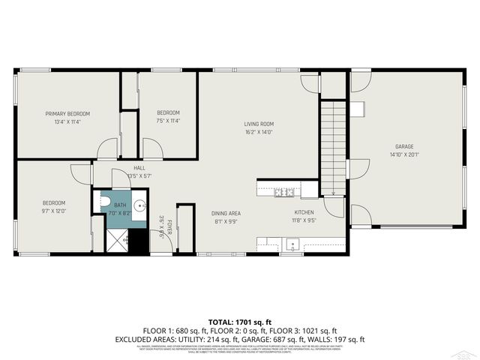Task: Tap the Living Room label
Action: pos(258,124)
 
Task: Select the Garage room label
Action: pos(404,147)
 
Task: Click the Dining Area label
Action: pos(226,213)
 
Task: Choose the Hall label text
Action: pos(139,167)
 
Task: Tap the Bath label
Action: pos(121,205)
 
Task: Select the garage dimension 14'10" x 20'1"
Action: pos(404,155)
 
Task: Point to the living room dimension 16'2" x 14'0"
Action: pos(258,132)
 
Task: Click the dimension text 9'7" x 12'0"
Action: pos(54,211)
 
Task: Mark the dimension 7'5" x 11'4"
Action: pos(169,121)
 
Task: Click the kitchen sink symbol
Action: pos(292,243)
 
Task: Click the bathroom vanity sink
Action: pos(139,205)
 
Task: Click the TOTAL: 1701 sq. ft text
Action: pos(241,322)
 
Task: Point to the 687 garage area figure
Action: pos(290,339)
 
